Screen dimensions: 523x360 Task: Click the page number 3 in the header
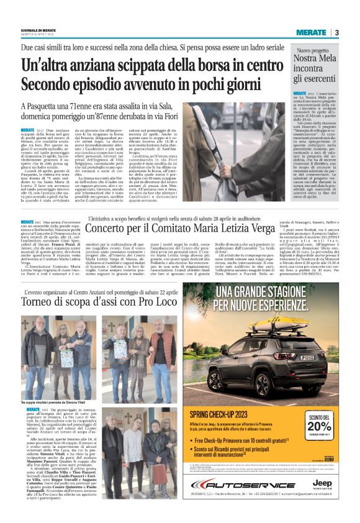pyautogui.click(x=336, y=32)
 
